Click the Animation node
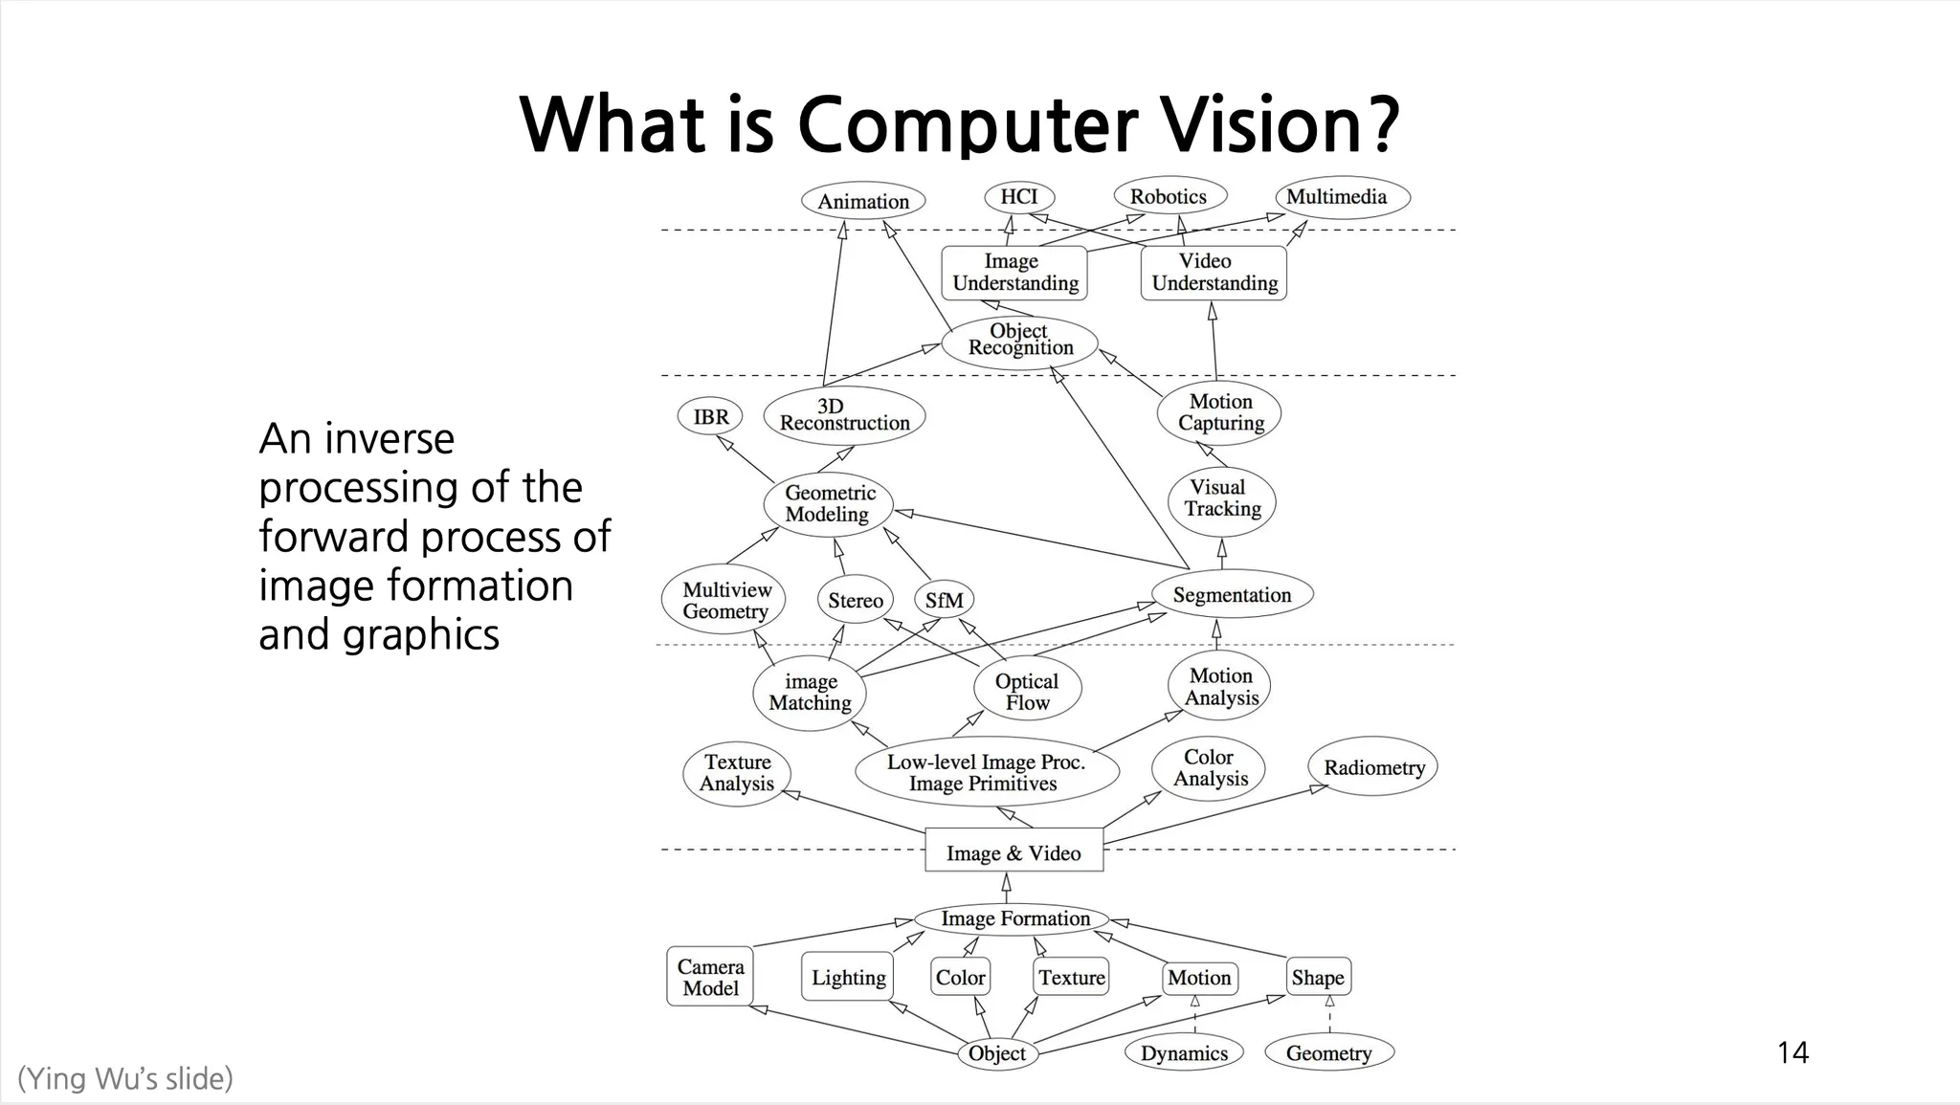click(863, 201)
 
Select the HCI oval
click(1019, 197)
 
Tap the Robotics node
click(1169, 197)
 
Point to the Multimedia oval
click(1337, 197)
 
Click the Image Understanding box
click(1014, 273)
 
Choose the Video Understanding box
click(1214, 273)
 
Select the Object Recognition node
click(1019, 341)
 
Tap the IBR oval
click(711, 417)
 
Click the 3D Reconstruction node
click(844, 415)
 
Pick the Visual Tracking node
click(1222, 498)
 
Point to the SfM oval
click(945, 601)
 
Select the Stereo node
click(855, 601)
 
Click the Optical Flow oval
click(1027, 692)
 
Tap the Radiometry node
click(1373, 767)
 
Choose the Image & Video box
click(1013, 852)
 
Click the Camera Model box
click(710, 978)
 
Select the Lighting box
click(848, 978)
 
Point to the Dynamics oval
click(1184, 1053)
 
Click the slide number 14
click(1793, 1053)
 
